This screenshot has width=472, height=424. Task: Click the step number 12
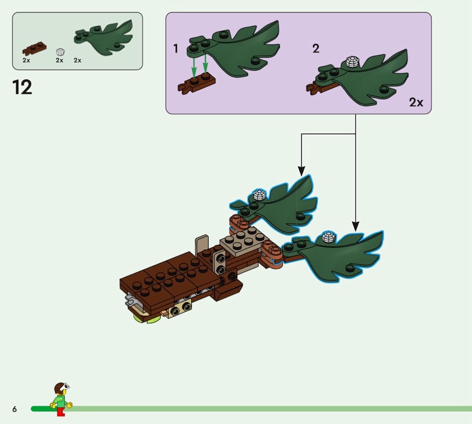(22, 87)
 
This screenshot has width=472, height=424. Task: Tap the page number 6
(14, 409)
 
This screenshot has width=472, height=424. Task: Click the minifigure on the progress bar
(61, 399)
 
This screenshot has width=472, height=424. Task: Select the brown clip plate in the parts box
(35, 49)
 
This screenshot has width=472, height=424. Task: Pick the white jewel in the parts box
(61, 52)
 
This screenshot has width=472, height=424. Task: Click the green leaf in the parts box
(104, 38)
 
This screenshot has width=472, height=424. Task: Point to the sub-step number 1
(176, 48)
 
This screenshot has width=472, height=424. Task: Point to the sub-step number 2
(316, 48)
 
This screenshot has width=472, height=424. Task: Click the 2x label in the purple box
(416, 103)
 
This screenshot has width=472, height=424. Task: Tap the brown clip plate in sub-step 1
(196, 83)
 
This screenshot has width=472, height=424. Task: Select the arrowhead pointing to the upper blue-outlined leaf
(301, 171)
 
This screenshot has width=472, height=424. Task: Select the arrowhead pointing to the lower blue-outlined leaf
(356, 226)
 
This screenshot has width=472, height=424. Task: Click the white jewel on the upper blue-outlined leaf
(259, 195)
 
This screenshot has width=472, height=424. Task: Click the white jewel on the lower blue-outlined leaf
(329, 237)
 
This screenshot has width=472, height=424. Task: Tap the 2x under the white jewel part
(60, 60)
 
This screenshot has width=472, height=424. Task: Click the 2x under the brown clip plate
(26, 60)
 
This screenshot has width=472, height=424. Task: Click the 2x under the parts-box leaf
(77, 60)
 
